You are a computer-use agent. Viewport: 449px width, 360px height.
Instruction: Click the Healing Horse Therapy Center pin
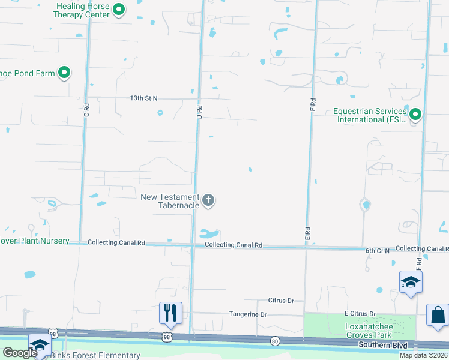tap(119, 9)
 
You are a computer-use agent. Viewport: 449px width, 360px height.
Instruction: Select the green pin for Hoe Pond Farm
tap(64, 73)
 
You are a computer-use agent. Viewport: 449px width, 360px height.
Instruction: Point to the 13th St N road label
tap(143, 98)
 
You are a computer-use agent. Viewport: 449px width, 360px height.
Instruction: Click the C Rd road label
tap(86, 110)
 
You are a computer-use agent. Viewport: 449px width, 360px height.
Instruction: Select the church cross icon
tap(208, 200)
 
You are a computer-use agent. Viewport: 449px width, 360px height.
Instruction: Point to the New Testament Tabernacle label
tap(170, 201)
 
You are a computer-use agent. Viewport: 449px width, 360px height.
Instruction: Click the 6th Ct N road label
tap(378, 250)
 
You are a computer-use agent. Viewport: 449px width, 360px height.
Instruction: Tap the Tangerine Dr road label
tap(247, 314)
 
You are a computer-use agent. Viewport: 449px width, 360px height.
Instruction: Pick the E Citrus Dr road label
tap(360, 313)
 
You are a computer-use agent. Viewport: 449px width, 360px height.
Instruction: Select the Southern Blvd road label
tap(382, 345)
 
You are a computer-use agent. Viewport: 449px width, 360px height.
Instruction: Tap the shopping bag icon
tap(438, 315)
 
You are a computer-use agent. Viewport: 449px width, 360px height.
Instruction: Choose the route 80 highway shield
tap(275, 341)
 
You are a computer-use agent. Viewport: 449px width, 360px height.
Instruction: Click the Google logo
tap(20, 353)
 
